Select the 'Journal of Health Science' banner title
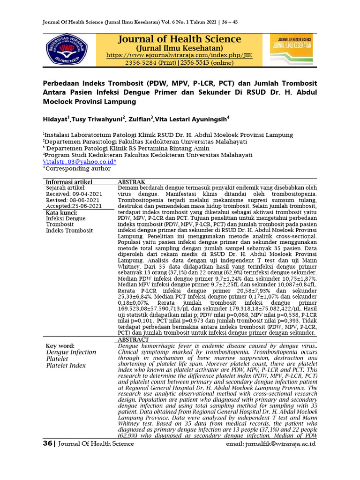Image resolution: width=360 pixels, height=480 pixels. pos(180,39)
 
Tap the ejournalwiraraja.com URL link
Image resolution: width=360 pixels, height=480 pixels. pos(179,55)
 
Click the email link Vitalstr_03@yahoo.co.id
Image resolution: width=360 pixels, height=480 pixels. pos(80,161)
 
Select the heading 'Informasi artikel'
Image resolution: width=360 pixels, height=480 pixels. pos(68,182)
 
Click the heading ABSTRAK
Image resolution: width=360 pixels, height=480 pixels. pos(131,182)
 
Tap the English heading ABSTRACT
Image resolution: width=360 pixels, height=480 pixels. pos(133,339)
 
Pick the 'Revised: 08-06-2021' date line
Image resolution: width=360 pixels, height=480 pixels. pos(69,200)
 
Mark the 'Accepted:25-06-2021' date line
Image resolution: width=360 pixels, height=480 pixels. pos(74,206)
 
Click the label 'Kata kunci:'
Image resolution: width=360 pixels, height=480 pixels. pos(62,212)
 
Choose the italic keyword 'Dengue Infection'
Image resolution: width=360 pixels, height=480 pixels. pos(71,352)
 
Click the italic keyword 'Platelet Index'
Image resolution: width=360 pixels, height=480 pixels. pos(66,366)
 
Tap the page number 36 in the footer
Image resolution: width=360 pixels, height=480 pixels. pos(47,443)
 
